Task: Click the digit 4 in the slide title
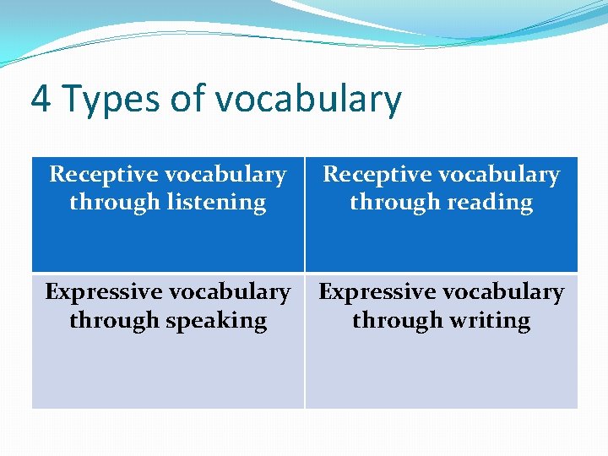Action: coord(40,99)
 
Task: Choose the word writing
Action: coord(489,322)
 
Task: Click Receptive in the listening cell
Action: coord(102,175)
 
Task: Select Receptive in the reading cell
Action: coord(377,175)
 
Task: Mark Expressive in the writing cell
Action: coord(376,292)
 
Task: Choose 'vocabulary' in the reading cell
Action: coord(500,175)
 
